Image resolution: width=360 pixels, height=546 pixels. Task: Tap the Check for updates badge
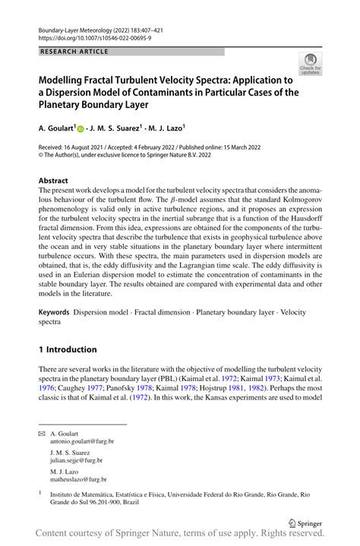click(x=311, y=65)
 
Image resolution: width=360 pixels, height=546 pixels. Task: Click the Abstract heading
click(x=53, y=181)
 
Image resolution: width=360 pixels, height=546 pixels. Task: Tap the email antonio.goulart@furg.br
click(x=81, y=440)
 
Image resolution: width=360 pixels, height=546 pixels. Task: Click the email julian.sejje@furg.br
click(x=76, y=459)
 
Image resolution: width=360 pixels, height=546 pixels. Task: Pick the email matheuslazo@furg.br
click(x=77, y=479)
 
